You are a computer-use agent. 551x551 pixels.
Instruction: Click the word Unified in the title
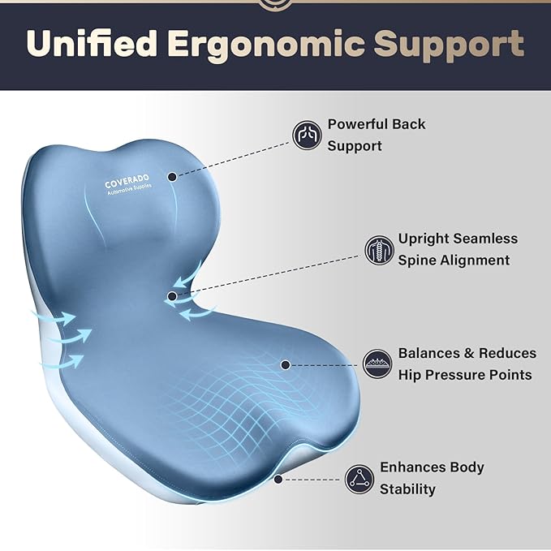(88, 44)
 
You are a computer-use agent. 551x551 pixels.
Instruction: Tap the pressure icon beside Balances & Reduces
(377, 364)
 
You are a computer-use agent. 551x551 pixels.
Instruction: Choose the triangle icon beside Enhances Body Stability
(359, 478)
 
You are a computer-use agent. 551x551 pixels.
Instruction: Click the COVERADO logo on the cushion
(131, 185)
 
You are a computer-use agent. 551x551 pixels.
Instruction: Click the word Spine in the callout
(417, 260)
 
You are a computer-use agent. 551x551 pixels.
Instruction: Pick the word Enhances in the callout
(412, 467)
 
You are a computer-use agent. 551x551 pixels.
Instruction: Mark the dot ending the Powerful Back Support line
(173, 175)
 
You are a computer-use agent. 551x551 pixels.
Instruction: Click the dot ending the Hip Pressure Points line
(286, 365)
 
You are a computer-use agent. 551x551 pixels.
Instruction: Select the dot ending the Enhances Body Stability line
(278, 479)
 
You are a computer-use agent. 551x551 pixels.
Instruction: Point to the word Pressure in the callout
(459, 375)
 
